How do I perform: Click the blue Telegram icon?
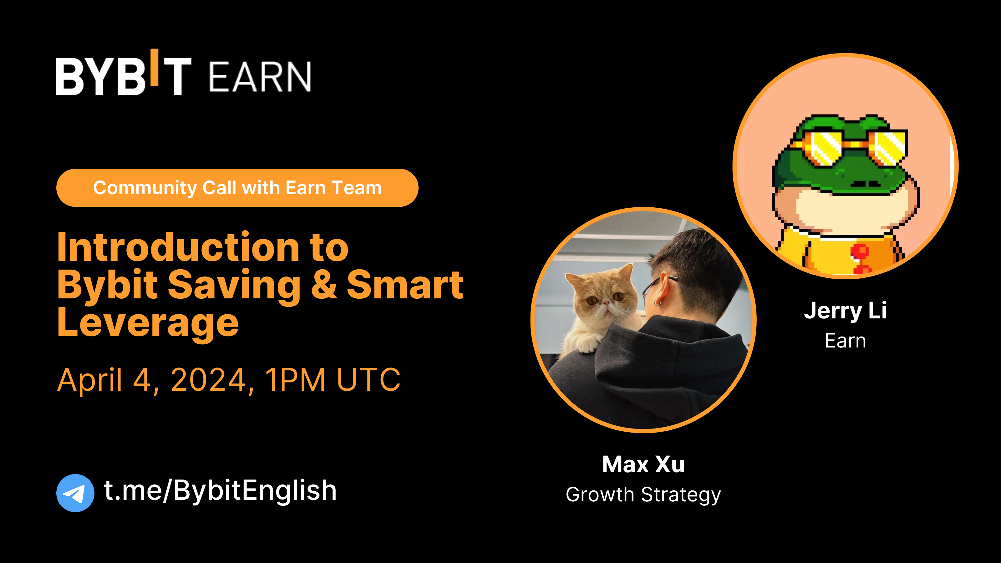click(75, 493)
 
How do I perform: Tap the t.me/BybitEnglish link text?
click(220, 491)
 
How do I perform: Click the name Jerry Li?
click(845, 311)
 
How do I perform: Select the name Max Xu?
click(643, 464)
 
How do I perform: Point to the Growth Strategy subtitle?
click(643, 495)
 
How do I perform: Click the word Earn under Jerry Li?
click(845, 341)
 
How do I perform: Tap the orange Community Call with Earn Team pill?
click(237, 188)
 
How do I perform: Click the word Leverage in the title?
click(148, 322)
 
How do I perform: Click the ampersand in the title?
click(323, 285)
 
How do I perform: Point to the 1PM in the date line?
click(295, 380)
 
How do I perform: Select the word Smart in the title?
click(404, 285)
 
